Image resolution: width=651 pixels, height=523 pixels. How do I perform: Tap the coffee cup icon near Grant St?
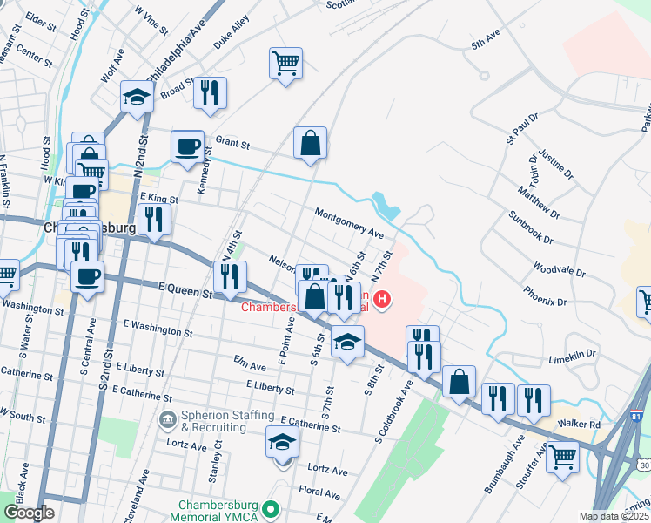coord(187,146)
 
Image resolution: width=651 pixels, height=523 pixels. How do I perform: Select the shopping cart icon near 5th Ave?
coord(286,64)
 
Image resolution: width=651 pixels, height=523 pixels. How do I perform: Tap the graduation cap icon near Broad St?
coord(138,96)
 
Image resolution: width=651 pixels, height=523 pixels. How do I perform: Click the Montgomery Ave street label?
coord(349,223)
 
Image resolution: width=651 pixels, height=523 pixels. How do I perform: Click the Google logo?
coord(29,513)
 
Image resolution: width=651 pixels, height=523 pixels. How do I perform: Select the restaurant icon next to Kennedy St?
coord(210,92)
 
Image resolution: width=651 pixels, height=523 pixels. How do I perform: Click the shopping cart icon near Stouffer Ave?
coord(562,454)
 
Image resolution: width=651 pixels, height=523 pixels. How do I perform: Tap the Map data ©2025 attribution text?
coord(614,517)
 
